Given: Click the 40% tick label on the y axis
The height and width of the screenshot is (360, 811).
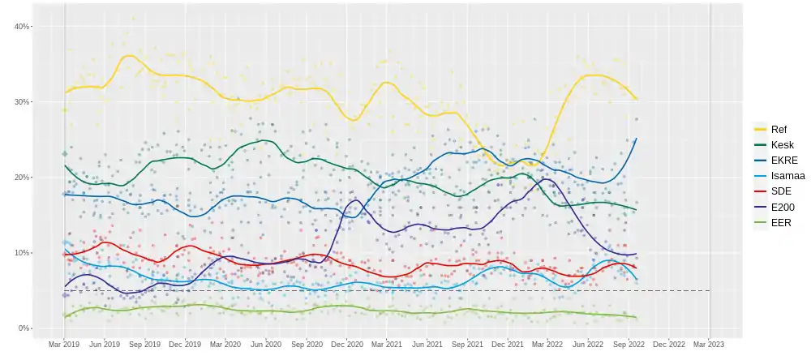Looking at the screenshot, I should pos(22,27).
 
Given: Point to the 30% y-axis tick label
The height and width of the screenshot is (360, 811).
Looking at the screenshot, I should pos(22,102).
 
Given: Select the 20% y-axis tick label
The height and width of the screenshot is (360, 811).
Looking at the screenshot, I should pos(22,178).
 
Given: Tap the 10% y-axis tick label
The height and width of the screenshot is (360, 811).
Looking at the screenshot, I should pos(22,253).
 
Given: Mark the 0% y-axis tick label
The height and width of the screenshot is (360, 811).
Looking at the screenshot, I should pos(24,328).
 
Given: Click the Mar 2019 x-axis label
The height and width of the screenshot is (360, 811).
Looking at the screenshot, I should pos(65,344).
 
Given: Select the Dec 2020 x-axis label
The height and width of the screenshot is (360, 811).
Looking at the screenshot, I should pos(346,344).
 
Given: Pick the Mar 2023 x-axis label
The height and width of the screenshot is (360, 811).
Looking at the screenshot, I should pos(708,344).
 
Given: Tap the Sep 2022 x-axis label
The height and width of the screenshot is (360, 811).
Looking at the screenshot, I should pos(628,344).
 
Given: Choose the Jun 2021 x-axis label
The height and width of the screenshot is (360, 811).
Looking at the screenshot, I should pos(427,344).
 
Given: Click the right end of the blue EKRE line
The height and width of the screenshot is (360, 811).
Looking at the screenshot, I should pos(637,139).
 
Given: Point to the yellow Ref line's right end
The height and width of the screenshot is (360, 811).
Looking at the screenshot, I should pos(637,100).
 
